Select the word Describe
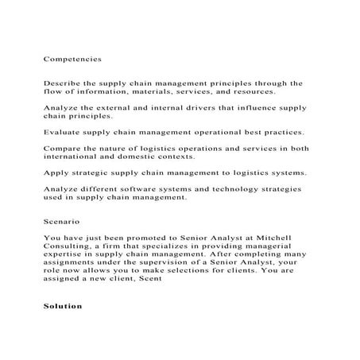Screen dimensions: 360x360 pos(61,82)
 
